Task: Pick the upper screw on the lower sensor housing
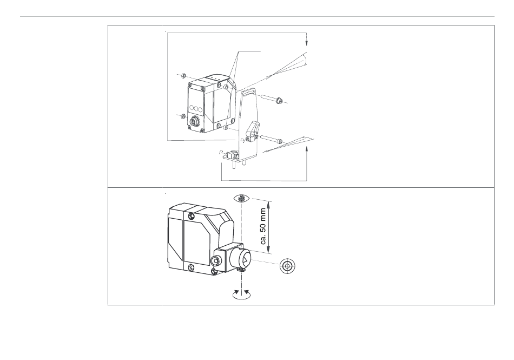click(x=190, y=217)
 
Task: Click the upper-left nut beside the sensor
click(x=184, y=75)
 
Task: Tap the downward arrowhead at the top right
click(x=307, y=43)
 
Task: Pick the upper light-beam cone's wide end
click(x=305, y=60)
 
